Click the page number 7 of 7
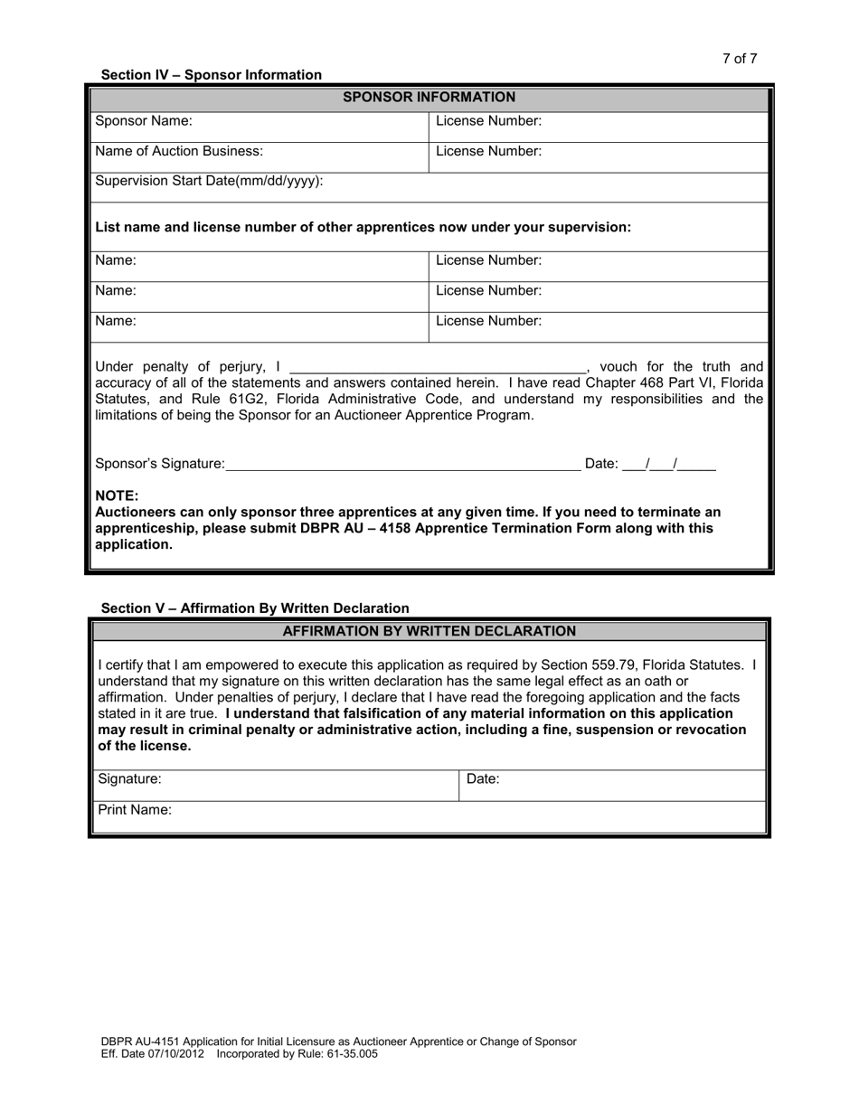tap(739, 59)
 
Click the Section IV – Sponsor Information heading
tap(211, 75)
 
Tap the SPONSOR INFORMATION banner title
tap(429, 98)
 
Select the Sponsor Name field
tap(307, 126)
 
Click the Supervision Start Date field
tap(543, 185)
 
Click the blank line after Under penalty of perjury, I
tap(437, 367)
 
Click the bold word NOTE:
tap(117, 495)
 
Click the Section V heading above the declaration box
tap(255, 608)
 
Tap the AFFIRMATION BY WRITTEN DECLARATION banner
tap(429, 631)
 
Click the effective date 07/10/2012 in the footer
tap(177, 1054)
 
